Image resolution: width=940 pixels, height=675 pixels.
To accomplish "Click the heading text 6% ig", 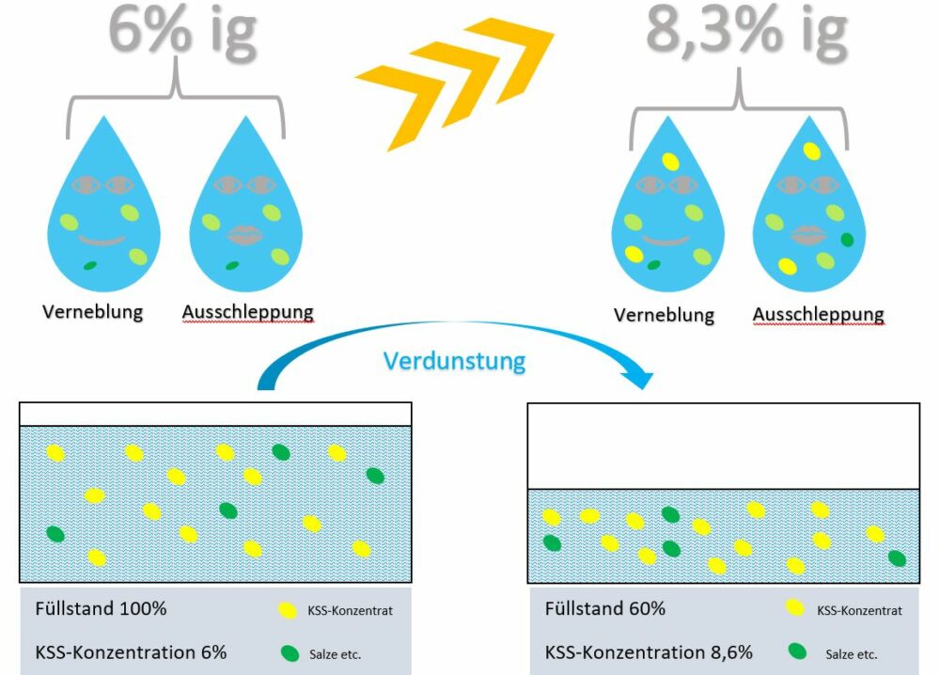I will pos(181,30).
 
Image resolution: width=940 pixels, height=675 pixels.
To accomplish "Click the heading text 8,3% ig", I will pos(746,30).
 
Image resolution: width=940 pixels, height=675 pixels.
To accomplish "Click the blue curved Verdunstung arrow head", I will pos(642,379).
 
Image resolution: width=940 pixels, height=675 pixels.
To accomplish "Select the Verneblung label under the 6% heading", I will pos(92,311).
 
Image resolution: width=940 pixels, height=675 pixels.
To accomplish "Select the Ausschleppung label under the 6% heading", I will pos(247,311).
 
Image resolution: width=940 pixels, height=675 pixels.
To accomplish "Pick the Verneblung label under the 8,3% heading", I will pos(664,315).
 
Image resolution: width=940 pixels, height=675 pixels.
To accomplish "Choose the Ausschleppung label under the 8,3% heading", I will pos(819,314).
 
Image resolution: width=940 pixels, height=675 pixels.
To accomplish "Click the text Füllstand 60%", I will pos(605,608).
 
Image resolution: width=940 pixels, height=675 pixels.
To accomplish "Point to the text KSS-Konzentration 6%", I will pos(131,651).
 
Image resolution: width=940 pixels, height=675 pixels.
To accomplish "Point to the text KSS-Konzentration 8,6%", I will pos(650,651).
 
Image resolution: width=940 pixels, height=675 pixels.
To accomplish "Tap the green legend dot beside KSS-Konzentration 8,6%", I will pos(797,651).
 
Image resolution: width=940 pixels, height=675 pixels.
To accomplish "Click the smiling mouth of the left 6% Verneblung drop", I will pos(101,241).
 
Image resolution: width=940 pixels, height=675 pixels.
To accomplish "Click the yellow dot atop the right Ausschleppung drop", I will pos(810,150).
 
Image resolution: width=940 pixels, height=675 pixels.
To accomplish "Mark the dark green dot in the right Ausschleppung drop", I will pos(846,240).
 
